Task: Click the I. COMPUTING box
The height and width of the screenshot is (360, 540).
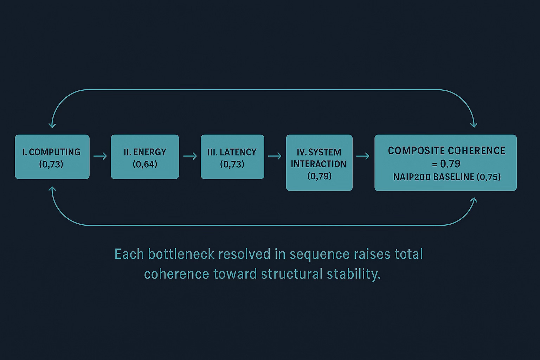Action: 52,157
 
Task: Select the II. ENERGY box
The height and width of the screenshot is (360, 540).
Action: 145,157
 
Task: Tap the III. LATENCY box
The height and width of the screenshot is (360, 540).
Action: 232,157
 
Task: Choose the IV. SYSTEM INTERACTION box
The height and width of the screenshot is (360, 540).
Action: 319,162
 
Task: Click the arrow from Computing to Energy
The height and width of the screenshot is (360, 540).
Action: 100,156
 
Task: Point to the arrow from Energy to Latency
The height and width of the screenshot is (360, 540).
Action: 190,156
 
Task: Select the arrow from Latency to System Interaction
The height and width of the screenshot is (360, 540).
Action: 275,156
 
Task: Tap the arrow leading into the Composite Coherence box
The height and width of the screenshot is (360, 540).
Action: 363,156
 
